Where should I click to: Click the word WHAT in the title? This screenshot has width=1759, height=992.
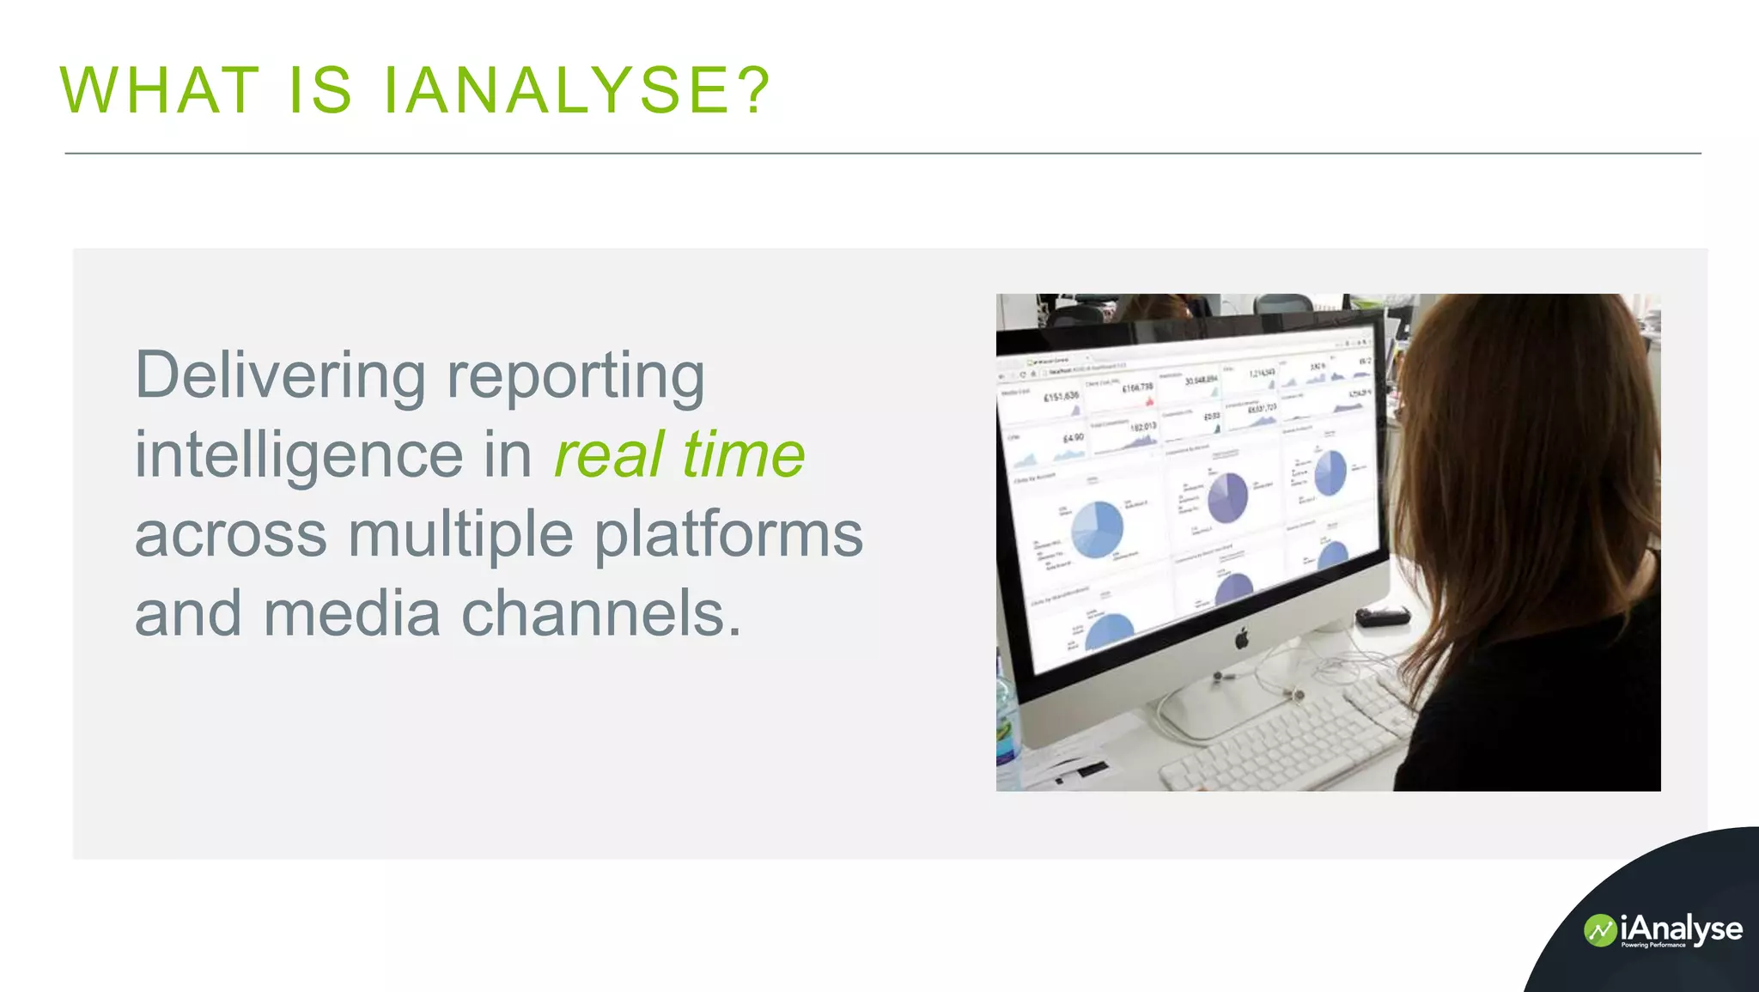pyautogui.click(x=160, y=90)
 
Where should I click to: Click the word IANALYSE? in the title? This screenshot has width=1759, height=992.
pyautogui.click(x=576, y=90)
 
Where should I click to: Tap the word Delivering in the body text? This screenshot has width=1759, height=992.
pyautogui.click(x=280, y=375)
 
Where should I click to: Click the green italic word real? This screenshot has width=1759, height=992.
pyautogui.click(x=609, y=454)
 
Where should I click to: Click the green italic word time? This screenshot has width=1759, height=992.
pyautogui.click(x=744, y=454)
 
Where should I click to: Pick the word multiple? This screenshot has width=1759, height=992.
pyautogui.click(x=460, y=534)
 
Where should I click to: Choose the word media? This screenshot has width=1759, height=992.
pyautogui.click(x=351, y=613)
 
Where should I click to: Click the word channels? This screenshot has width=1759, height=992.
pyautogui.click(x=600, y=613)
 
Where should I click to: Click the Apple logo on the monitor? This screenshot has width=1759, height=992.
pyautogui.click(x=1241, y=638)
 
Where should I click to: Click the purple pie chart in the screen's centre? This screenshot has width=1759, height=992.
pyautogui.click(x=1228, y=497)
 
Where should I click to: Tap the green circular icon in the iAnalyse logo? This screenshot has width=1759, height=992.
pyautogui.click(x=1599, y=931)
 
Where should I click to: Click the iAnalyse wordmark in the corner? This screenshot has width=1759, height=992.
pyautogui.click(x=1681, y=928)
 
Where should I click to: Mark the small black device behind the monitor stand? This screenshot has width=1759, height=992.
pyautogui.click(x=1382, y=616)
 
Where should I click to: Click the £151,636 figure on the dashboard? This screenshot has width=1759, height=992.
pyautogui.click(x=1061, y=396)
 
